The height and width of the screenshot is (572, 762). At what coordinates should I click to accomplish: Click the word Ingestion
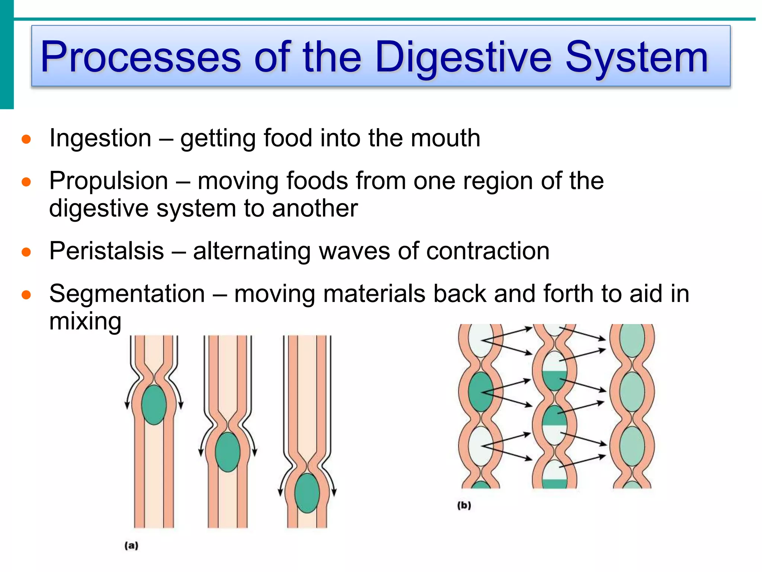100,138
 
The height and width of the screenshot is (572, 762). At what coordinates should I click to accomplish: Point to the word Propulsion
109,181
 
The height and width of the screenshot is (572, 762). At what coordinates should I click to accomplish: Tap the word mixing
85,321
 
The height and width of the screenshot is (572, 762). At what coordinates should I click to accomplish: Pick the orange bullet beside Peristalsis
26,252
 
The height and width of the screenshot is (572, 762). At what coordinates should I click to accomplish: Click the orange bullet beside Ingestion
26,140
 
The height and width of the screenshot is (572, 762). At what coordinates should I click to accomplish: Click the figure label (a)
131,546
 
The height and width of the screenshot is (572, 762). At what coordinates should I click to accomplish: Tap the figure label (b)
464,505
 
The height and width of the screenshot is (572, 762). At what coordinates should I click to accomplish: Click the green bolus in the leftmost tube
154,405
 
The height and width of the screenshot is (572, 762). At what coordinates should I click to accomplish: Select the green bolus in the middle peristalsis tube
227,452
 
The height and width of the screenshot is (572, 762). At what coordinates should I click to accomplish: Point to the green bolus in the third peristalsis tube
307,493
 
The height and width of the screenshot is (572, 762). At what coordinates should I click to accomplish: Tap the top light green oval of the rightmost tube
632,340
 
